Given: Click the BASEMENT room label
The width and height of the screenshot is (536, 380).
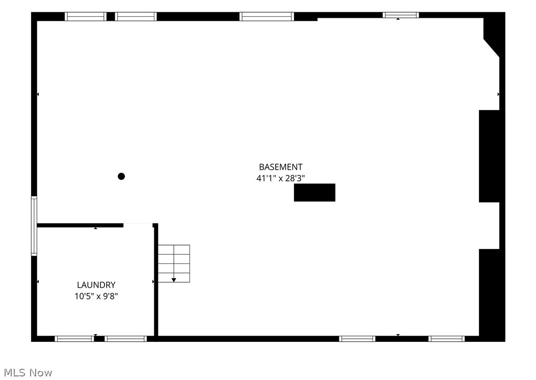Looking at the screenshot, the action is coord(281,167).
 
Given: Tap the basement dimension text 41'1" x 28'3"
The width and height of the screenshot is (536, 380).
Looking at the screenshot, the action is coord(281,178).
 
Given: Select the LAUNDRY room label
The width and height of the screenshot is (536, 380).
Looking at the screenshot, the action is coord(96,285).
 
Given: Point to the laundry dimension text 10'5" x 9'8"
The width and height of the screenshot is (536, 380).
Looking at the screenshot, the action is coord(96,296).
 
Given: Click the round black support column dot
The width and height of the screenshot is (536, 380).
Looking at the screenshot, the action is coord(121,176).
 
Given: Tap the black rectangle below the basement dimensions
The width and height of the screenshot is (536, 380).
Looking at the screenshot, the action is coord(314,193).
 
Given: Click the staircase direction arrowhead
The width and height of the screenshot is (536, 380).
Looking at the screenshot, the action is coord(174,280).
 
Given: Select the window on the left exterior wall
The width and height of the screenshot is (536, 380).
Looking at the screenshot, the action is coord(34,226).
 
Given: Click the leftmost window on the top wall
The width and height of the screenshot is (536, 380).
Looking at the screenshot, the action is coord(86,16).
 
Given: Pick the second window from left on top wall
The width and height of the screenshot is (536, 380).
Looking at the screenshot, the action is coord(136,16).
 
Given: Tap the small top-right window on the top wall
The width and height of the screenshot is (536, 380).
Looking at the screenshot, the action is coord(400,15).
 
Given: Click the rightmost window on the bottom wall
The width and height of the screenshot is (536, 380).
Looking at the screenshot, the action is coord(446,339).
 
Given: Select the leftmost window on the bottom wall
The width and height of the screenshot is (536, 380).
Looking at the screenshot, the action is coord(74,339).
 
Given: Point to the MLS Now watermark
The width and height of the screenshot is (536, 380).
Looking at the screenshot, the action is coord(28,372).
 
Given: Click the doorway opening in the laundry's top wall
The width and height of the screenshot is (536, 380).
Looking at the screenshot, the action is coord(138,225).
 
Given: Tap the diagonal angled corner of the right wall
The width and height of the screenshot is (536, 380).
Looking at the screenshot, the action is coord(491,47).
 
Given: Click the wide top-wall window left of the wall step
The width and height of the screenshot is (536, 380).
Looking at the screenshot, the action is coord(266,16).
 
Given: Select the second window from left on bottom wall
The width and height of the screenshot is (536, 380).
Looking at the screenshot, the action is coord(125,339).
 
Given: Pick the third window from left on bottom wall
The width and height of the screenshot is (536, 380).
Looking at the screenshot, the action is coord(357,339).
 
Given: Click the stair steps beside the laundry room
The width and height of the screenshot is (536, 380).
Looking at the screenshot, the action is coord(174,263).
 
